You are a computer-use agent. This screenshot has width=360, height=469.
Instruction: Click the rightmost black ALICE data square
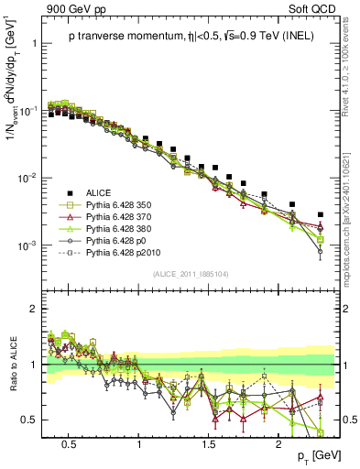point(321,214)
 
